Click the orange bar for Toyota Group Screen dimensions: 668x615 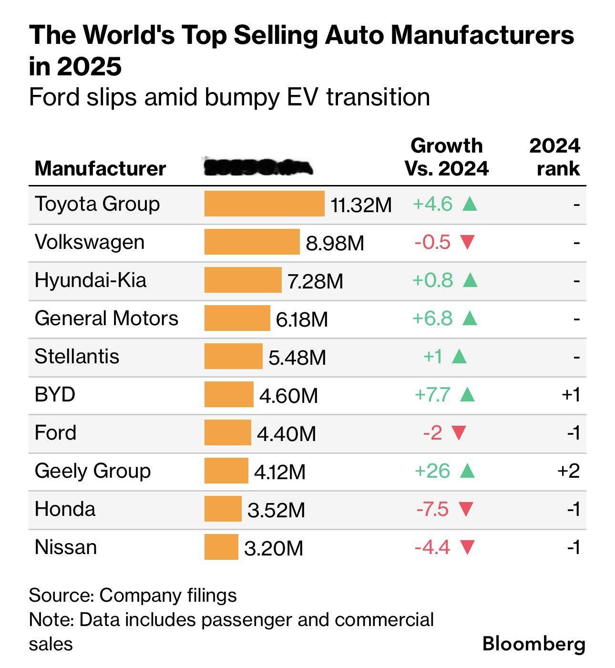(264, 204)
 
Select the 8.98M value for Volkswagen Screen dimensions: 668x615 (335, 243)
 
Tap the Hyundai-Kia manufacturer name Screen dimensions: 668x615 (91, 280)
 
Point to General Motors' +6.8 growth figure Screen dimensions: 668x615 (432, 318)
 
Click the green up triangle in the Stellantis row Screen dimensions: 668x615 (459, 356)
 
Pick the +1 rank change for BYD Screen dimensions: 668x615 (571, 395)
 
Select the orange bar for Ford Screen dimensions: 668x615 (227, 432)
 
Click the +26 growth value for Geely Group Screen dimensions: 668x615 (432, 471)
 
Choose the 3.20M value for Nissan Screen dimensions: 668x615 (274, 548)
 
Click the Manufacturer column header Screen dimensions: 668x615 (100, 169)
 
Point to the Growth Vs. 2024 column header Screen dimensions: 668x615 (447, 157)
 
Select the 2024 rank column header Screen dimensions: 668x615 (555, 157)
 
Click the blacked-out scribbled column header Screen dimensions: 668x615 (258, 167)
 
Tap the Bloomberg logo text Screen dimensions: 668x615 (533, 643)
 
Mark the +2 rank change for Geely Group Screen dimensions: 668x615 (569, 471)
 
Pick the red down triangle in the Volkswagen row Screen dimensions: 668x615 (467, 242)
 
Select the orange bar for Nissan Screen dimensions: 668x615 (221, 547)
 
